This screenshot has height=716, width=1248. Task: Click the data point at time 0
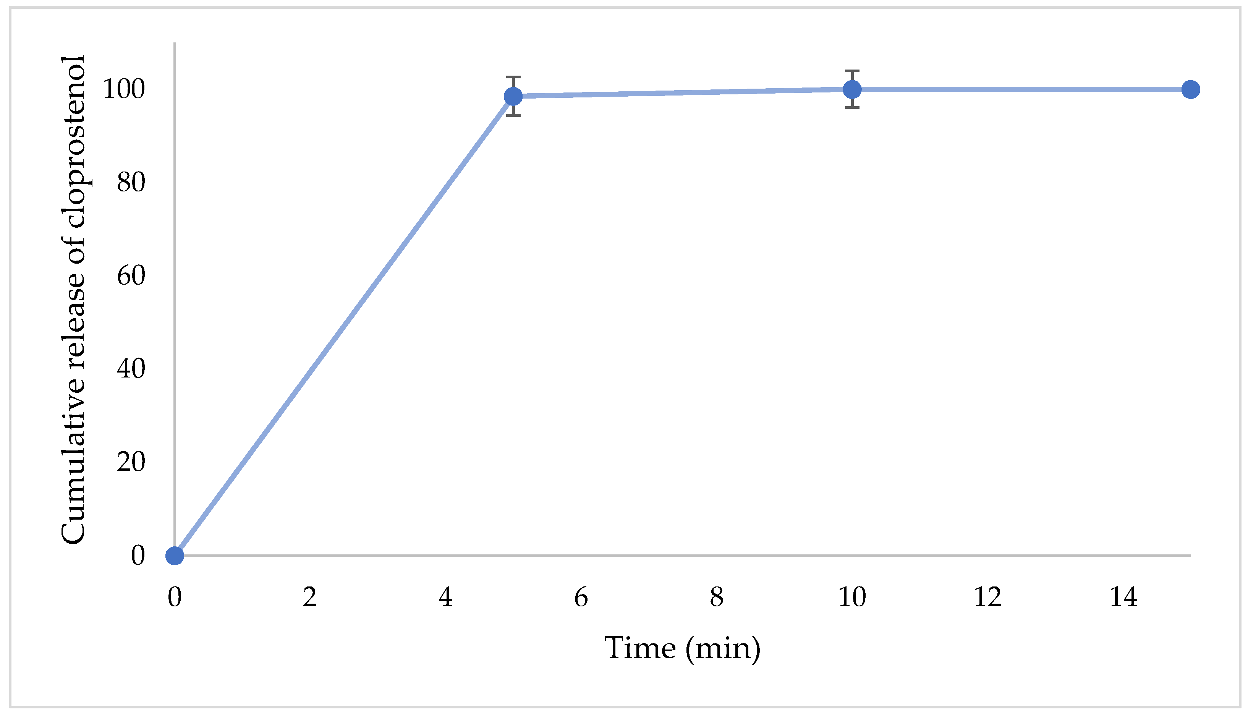[175, 556]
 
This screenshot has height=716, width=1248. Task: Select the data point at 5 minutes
[513, 96]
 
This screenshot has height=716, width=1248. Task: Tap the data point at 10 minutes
[852, 89]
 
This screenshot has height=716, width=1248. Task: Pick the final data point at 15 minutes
[1190, 89]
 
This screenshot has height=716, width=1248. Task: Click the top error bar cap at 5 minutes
[513, 77]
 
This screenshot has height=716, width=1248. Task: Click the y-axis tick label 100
[124, 89]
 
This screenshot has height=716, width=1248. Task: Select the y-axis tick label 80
[131, 183]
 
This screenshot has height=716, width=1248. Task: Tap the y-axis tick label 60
[131, 276]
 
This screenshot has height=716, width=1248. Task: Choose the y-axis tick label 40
[131, 369]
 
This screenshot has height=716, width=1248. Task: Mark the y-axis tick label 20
[131, 462]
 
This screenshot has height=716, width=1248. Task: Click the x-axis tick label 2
[310, 597]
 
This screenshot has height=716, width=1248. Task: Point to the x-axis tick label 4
[445, 597]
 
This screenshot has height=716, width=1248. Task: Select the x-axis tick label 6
[581, 597]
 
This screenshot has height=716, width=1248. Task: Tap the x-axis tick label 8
[717, 597]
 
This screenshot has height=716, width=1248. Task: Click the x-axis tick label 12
[987, 597]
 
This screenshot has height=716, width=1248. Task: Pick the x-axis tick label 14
[1123, 597]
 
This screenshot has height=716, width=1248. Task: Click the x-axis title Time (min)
[682, 648]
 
